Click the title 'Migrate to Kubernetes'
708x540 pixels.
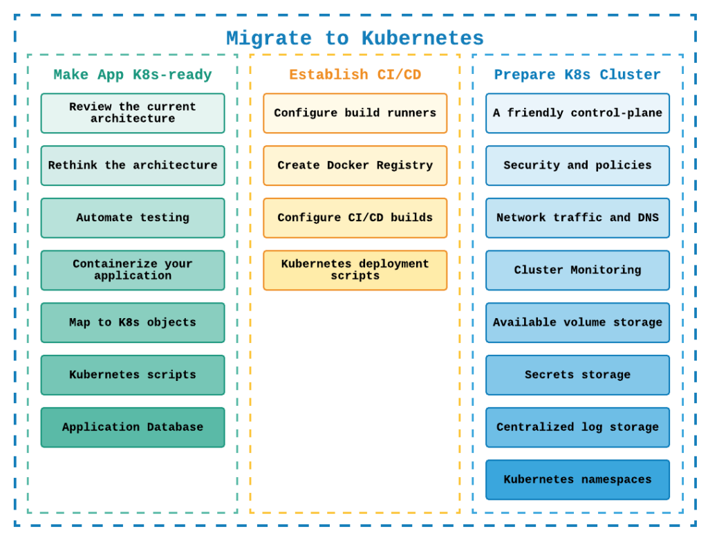(355, 39)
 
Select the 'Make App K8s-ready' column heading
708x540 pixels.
(133, 75)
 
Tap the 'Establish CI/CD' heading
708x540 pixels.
(355, 75)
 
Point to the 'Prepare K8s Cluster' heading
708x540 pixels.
(577, 75)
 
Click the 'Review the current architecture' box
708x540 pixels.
(133, 113)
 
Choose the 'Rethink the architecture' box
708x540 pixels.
(133, 166)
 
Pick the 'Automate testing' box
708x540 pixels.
(133, 218)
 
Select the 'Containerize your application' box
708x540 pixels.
(133, 270)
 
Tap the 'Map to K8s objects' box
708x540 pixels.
(133, 323)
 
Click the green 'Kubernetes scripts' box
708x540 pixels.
(133, 375)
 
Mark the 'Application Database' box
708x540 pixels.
(133, 427)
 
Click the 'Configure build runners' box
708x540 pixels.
(355, 113)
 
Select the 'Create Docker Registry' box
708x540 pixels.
(355, 166)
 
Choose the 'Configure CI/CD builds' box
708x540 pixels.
(355, 218)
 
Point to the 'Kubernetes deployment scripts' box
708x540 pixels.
(355, 270)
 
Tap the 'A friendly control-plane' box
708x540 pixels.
(577, 113)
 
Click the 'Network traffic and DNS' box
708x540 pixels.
(577, 218)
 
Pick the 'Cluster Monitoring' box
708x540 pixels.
(577, 270)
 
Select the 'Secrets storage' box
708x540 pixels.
(577, 375)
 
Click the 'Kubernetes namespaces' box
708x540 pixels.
(577, 480)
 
